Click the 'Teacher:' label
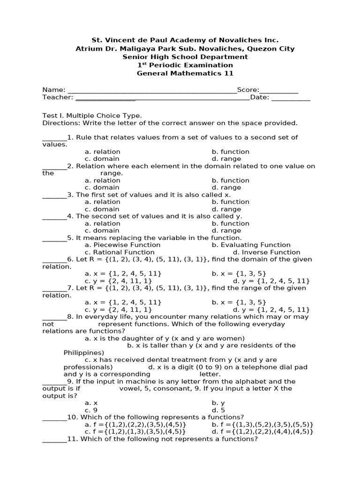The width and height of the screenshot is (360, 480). coord(58,97)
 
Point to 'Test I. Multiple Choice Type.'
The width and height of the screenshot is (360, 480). coord(92,116)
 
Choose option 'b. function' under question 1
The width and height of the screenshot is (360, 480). coord(230,152)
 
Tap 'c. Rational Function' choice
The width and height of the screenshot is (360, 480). coord(120,252)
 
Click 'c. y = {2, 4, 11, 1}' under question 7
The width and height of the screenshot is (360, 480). coord(118,310)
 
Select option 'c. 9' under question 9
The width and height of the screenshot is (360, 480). coord(91,410)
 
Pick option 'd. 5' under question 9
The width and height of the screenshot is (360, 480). coord(218,410)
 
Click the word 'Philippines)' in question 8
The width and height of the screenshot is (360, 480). coord(83,352)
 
